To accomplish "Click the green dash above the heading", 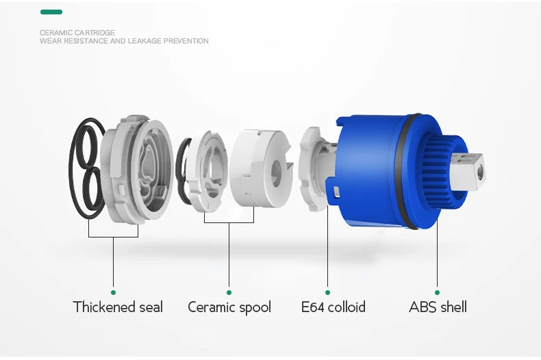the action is tap(51, 12).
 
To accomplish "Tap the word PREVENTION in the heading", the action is tap(186, 41).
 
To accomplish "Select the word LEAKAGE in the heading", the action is tap(144, 41).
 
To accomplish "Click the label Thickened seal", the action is tap(118, 307).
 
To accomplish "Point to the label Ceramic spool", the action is tap(229, 307).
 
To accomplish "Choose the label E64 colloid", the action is tap(334, 307).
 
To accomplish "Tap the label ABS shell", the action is tap(438, 307).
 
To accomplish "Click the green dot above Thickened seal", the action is tap(113, 292).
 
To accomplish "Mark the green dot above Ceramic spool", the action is tap(229, 292).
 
